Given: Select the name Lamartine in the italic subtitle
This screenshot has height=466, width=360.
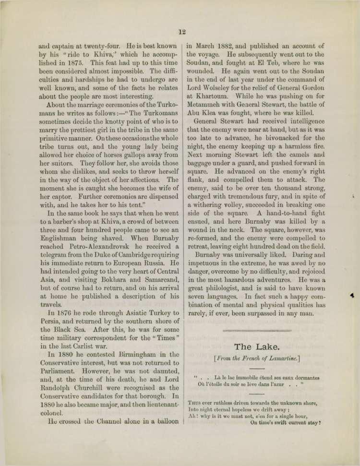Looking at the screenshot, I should click(280, 358).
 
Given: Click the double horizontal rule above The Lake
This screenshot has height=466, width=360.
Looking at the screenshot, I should click(257, 331).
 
